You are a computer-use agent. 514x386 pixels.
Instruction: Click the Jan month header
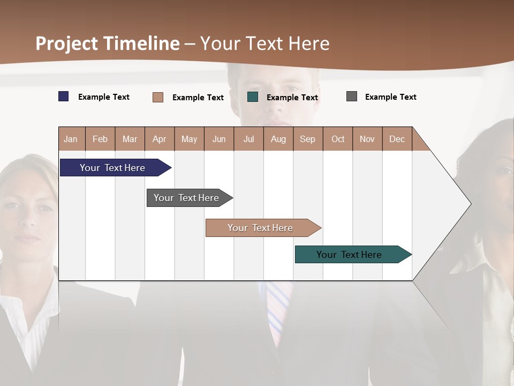71,139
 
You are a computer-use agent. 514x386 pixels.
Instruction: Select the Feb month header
100,139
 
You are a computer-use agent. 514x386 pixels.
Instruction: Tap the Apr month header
160,139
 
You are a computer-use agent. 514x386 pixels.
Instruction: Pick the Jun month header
219,139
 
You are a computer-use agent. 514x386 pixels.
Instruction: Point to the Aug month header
278,139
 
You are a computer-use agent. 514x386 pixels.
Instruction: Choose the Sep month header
308,139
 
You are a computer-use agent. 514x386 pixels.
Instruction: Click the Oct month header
338,139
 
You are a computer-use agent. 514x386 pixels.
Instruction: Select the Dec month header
397,139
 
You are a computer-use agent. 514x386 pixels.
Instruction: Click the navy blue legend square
64,96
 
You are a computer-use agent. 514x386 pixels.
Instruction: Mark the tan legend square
158,97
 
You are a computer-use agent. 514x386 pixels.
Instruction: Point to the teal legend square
253,97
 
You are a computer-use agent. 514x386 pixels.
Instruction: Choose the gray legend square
352,96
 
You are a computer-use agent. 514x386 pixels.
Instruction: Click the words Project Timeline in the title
108,43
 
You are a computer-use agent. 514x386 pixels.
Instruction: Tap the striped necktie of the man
278,311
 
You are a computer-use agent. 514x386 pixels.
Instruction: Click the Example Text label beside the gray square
391,97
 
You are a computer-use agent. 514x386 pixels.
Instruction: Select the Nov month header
367,139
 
